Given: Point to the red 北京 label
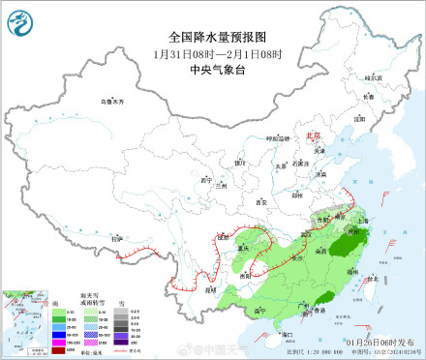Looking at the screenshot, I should click(x=312, y=136).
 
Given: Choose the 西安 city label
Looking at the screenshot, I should click(x=260, y=201).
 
